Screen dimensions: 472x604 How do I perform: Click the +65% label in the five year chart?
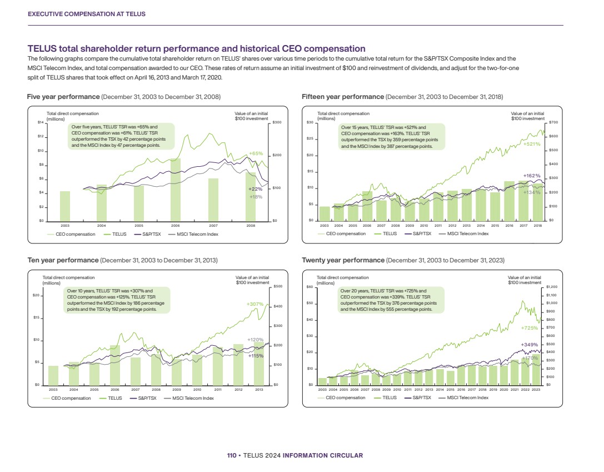[256, 153]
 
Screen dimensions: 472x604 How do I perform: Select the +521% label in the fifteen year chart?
[532, 144]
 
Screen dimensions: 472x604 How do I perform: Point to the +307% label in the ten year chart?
[254, 304]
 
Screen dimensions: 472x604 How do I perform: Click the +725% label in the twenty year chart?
[530, 329]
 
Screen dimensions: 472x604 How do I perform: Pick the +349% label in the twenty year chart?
[530, 345]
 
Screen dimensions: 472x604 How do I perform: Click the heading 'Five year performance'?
[64, 97]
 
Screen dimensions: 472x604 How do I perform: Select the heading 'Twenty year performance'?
[343, 260]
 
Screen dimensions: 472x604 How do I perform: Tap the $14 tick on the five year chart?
[40, 122]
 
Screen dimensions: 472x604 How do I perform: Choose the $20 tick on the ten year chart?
[36, 296]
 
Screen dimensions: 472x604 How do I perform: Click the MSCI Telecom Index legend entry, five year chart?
[197, 234]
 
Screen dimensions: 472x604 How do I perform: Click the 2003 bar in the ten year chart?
[53, 375]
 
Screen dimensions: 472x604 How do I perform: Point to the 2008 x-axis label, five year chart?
[251, 226]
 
